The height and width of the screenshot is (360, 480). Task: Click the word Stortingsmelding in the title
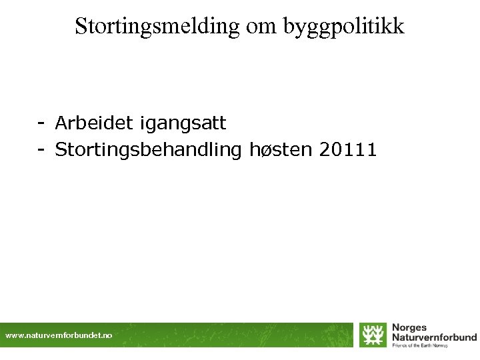click(157, 26)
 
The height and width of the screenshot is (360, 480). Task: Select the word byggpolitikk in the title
click(344, 27)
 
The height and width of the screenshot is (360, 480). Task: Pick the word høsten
click(280, 150)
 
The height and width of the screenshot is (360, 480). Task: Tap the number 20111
click(348, 150)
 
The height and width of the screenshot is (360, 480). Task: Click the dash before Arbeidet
click(41, 123)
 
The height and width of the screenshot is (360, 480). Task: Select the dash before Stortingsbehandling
click(41, 150)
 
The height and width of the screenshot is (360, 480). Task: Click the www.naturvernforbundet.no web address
click(59, 335)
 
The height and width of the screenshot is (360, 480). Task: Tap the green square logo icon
click(373, 335)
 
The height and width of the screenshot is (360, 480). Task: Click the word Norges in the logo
click(409, 327)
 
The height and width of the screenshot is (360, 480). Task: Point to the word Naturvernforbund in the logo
click(434, 337)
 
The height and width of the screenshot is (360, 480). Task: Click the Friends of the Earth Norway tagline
click(419, 345)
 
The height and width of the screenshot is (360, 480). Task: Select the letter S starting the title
click(81, 26)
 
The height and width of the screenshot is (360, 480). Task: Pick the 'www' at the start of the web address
click(13, 335)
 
